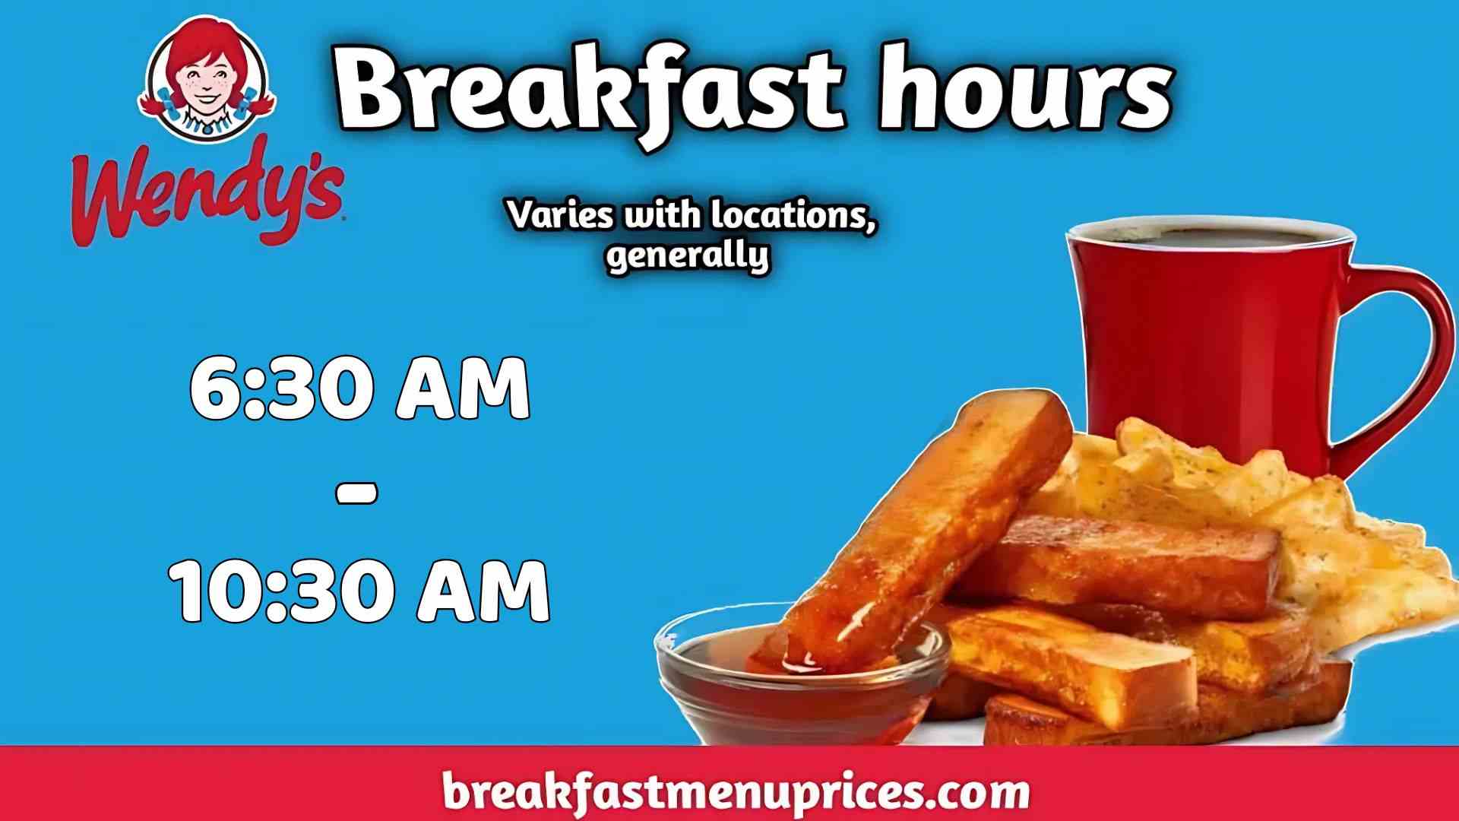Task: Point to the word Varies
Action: (559, 216)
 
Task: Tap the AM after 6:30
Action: (462, 390)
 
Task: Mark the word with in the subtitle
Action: (660, 216)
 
